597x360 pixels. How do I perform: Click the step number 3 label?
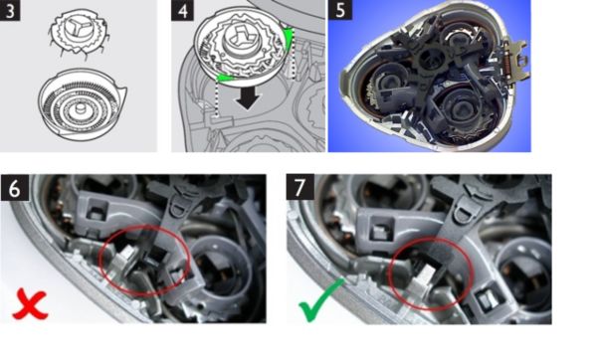[x=10, y=10]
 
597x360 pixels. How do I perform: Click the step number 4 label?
[x=182, y=10]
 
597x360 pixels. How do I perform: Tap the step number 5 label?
[x=340, y=10]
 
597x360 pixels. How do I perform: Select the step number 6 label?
[x=15, y=188]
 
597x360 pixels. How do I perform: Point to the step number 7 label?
[x=300, y=187]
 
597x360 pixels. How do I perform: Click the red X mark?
[x=30, y=304]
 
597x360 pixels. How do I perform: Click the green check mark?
[x=320, y=300]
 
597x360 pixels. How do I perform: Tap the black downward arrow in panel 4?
[x=248, y=98]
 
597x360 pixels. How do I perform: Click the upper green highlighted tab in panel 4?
[x=289, y=39]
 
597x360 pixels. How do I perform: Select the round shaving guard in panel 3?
[x=82, y=102]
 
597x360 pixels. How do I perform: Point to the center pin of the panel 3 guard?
[x=81, y=109]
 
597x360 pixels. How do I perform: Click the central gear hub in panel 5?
[x=432, y=58]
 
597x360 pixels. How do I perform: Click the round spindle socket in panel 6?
[x=218, y=266]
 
